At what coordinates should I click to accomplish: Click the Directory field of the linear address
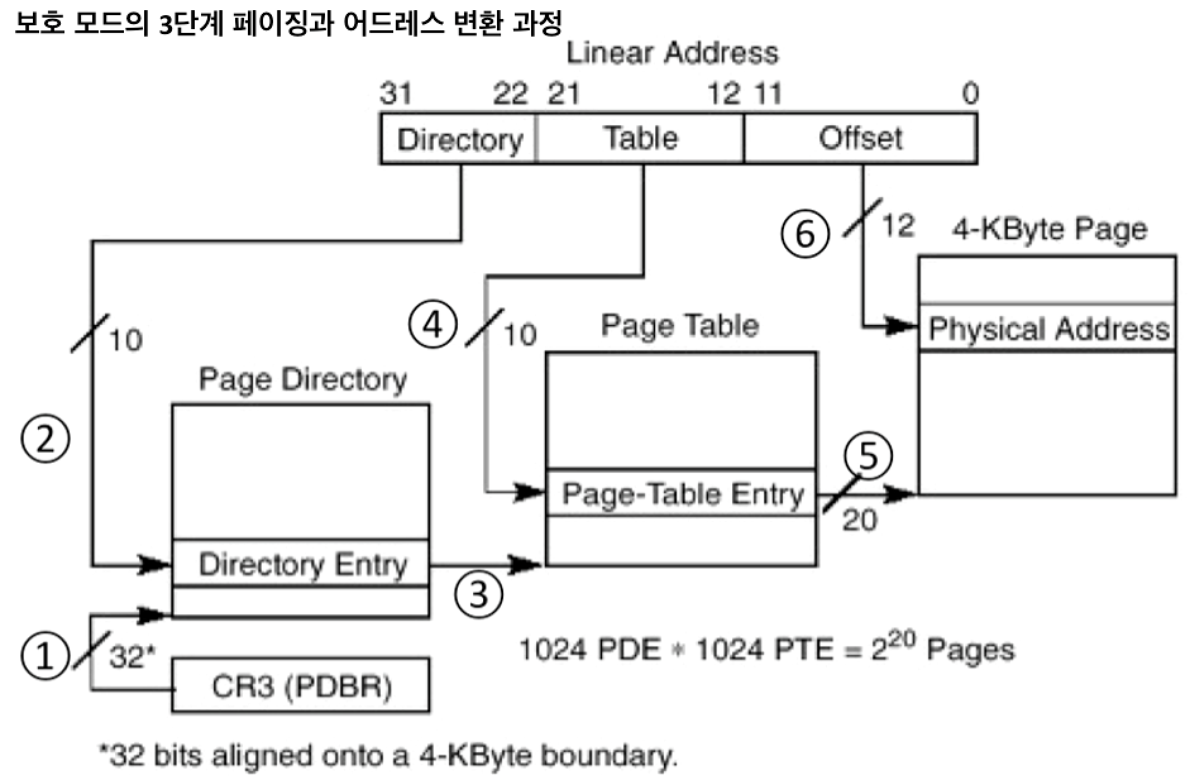[459, 139]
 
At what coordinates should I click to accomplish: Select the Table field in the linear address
[641, 138]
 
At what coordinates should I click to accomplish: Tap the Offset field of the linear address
[860, 138]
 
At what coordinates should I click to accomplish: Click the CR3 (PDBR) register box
[301, 686]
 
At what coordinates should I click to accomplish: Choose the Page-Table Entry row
[682, 494]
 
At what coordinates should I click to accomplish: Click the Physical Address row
[1048, 329]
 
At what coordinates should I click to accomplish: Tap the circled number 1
[44, 656]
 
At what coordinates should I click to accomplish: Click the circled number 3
[479, 594]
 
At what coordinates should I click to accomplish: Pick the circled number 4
[433, 326]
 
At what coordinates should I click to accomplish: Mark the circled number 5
[869, 455]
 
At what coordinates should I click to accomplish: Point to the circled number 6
[805, 235]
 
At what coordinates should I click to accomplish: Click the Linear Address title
[672, 53]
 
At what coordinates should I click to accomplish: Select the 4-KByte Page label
[1049, 229]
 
